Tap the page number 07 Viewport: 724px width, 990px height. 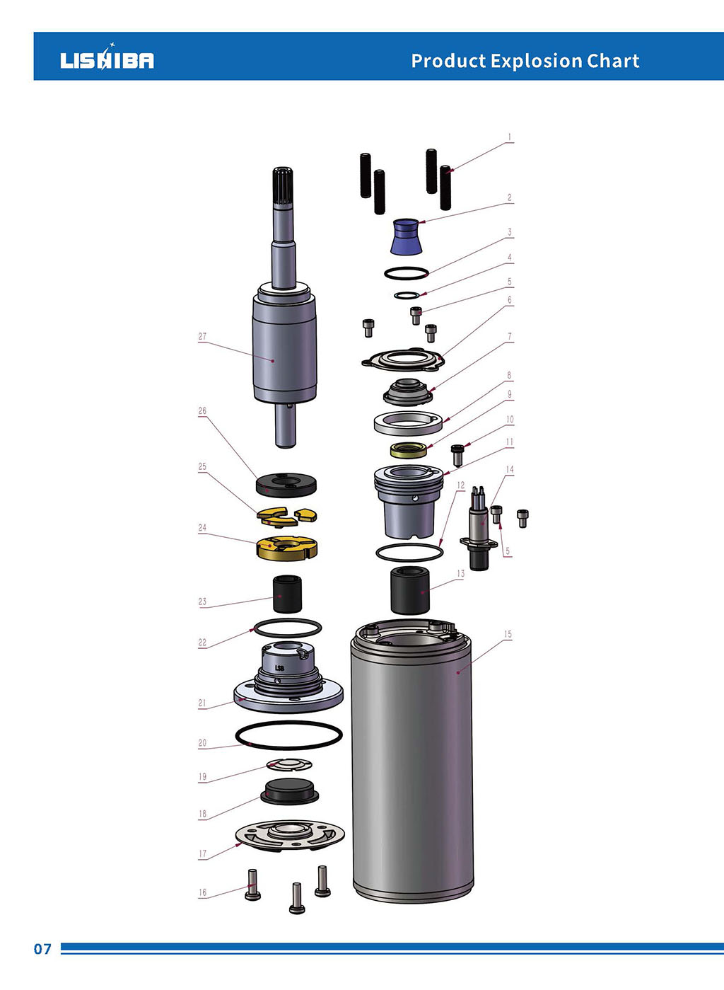pyautogui.click(x=42, y=949)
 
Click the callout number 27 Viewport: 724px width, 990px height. pyautogui.click(x=202, y=337)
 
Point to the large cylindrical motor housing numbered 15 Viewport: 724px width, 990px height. pyautogui.click(x=412, y=764)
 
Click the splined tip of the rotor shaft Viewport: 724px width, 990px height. pyautogui.click(x=283, y=185)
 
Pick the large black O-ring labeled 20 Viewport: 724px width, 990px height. pyautogui.click(x=288, y=735)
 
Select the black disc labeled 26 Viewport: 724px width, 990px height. pyautogui.click(x=286, y=485)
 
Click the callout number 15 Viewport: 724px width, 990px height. pyautogui.click(x=508, y=635)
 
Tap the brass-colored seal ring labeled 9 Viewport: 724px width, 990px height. pyautogui.click(x=409, y=449)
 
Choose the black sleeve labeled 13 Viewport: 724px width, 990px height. pyautogui.click(x=410, y=590)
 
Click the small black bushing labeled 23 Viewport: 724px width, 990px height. pyautogui.click(x=287, y=593)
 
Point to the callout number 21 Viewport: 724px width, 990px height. pyautogui.click(x=202, y=703)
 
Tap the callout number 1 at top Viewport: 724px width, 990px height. pyautogui.click(x=509, y=138)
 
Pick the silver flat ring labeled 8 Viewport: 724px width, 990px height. pyautogui.click(x=408, y=423)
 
